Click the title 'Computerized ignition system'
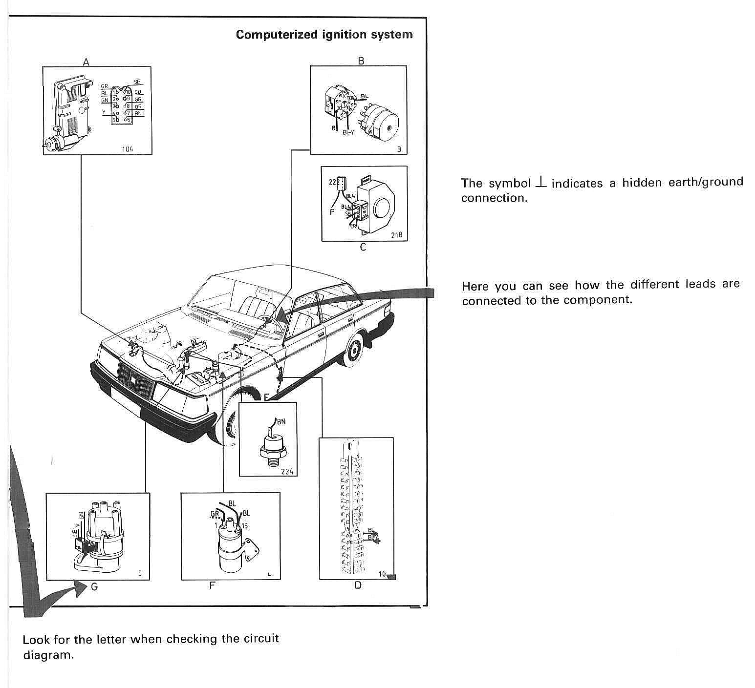click(324, 35)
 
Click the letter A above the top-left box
click(86, 62)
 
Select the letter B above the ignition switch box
click(361, 61)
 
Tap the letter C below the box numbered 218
click(363, 247)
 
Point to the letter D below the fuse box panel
click(358, 585)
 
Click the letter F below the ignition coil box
click(212, 585)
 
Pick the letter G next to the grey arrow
click(94, 586)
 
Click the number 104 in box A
click(128, 149)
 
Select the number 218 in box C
click(396, 235)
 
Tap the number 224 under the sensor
click(287, 471)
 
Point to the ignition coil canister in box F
click(230, 549)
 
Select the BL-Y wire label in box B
click(348, 132)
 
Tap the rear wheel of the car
click(353, 351)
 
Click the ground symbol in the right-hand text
click(540, 182)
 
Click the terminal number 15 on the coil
click(245, 525)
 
